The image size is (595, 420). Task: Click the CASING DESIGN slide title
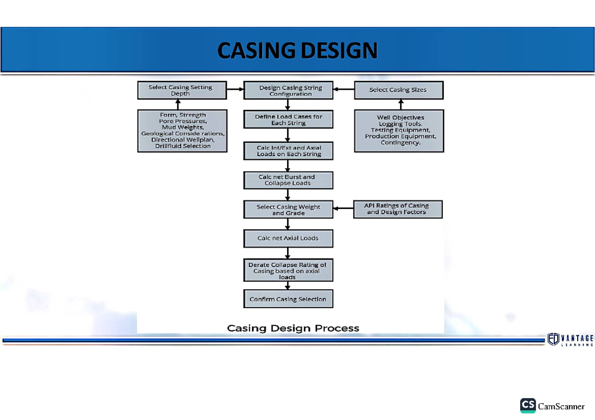tap(297, 51)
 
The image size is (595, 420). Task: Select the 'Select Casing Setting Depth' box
tap(182, 90)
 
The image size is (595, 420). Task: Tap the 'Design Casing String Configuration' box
tap(288, 91)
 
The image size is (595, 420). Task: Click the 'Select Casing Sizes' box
tap(398, 90)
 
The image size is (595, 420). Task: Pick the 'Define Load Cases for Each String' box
tap(288, 120)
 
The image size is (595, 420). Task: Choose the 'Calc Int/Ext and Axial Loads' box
tap(288, 151)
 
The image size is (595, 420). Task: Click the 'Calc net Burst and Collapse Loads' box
tap(288, 180)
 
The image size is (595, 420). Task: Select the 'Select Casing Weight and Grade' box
tap(288, 210)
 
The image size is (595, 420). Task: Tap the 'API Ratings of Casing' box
tap(397, 209)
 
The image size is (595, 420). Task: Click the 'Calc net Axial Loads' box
tap(288, 238)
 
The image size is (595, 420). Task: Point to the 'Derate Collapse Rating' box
tap(288, 271)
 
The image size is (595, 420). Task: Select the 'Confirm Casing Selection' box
tap(288, 299)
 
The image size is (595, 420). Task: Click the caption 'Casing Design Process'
tap(293, 328)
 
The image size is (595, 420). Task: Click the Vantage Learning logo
tap(570, 339)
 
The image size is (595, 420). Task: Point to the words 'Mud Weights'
tap(182, 127)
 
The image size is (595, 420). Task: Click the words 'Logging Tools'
tap(401, 124)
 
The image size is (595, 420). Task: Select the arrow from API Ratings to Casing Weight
tap(343, 209)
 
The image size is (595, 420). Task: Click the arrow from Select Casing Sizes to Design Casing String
tap(344, 90)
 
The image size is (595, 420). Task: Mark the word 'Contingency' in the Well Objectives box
tap(401, 143)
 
